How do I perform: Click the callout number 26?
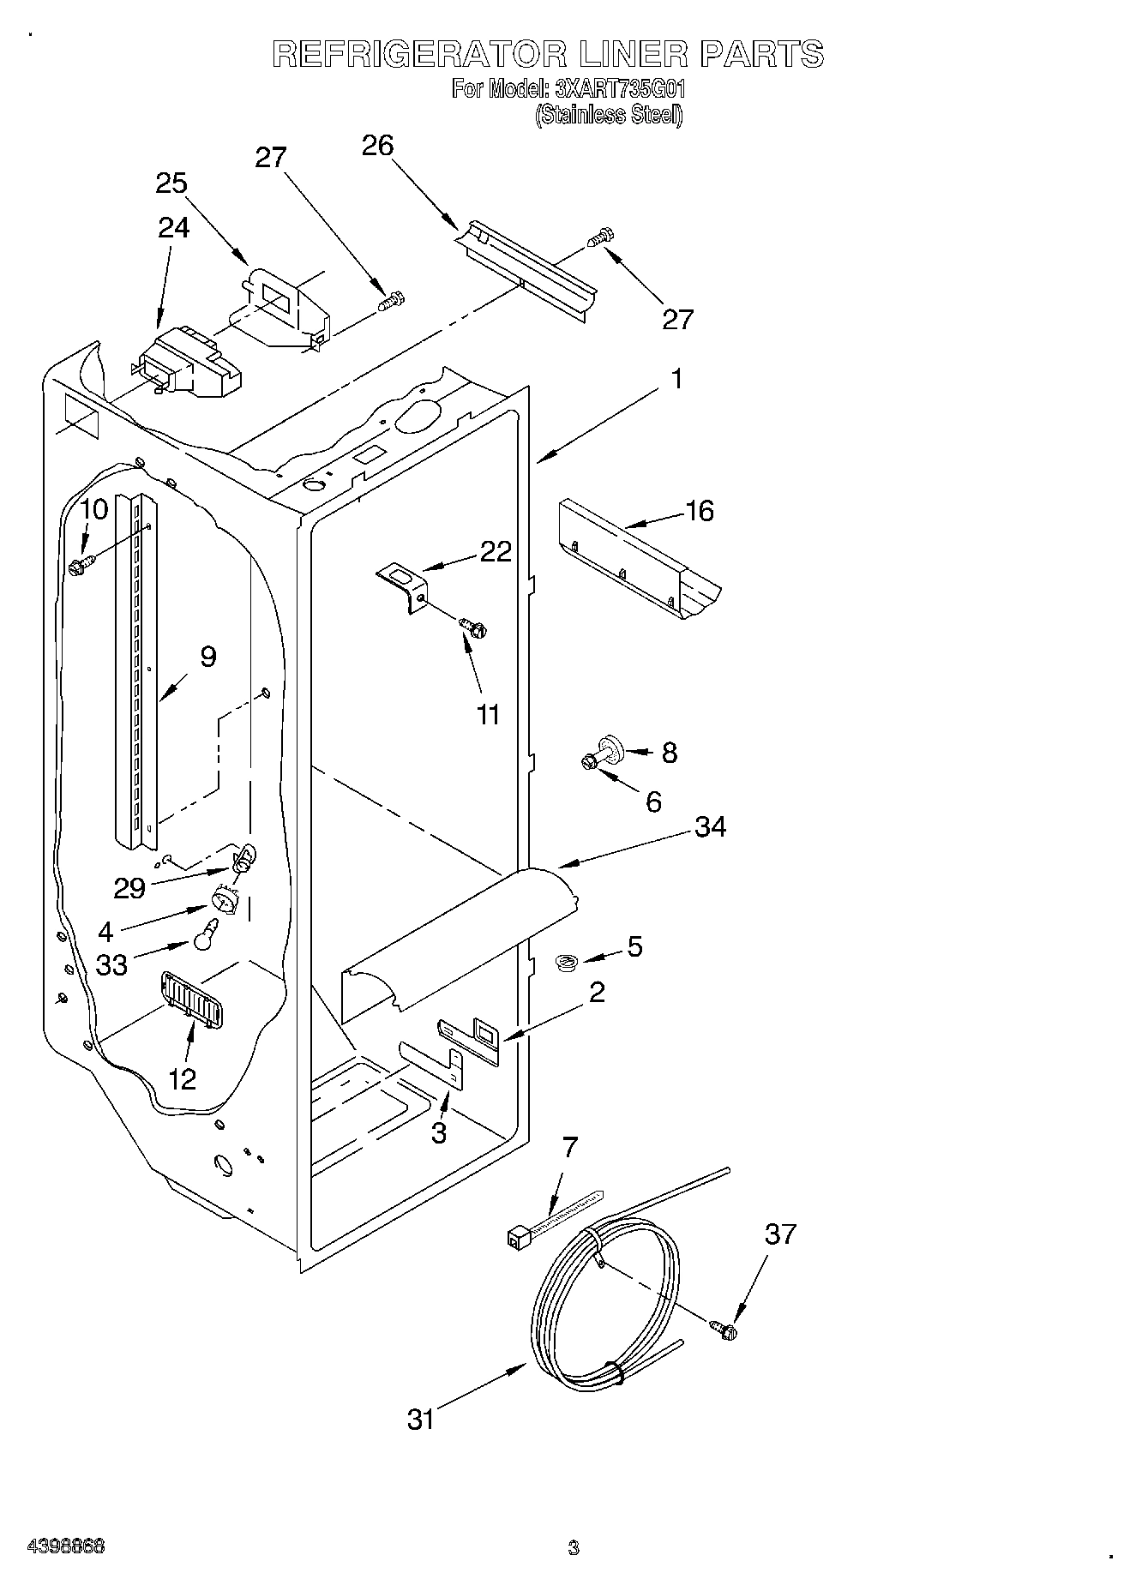pos(377,146)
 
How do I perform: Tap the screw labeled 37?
pos(724,1330)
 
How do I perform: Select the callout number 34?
pos(711,827)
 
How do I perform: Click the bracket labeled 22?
pos(404,583)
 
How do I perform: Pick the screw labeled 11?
pos(472,627)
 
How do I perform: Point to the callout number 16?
pos(700,511)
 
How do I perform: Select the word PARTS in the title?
pos(762,54)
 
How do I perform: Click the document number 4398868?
pos(66,1546)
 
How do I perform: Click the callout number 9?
pos(207,657)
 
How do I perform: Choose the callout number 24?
pos(173,227)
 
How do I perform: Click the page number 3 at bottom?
pos(574,1547)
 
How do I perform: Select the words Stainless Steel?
pos(609,116)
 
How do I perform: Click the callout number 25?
pos(171,183)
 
